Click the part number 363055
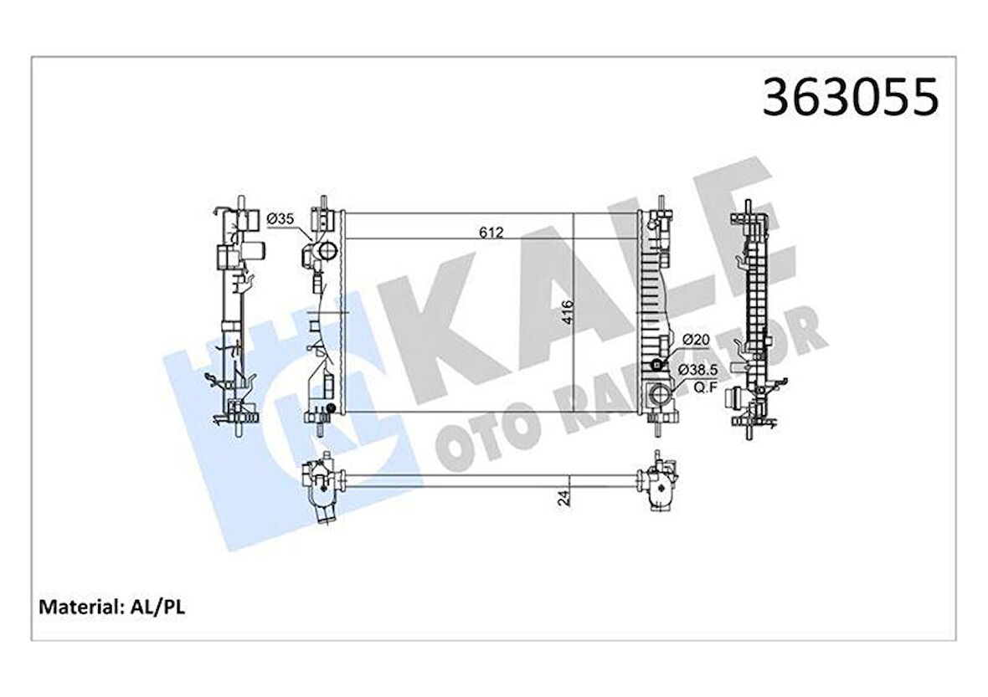[850, 98]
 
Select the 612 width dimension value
[491, 233]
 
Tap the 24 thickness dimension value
[564, 498]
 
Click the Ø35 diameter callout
[280, 219]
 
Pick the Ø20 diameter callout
[696, 340]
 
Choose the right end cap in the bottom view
[659, 483]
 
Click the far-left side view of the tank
[236, 318]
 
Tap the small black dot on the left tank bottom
[332, 408]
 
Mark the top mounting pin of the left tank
[322, 203]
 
